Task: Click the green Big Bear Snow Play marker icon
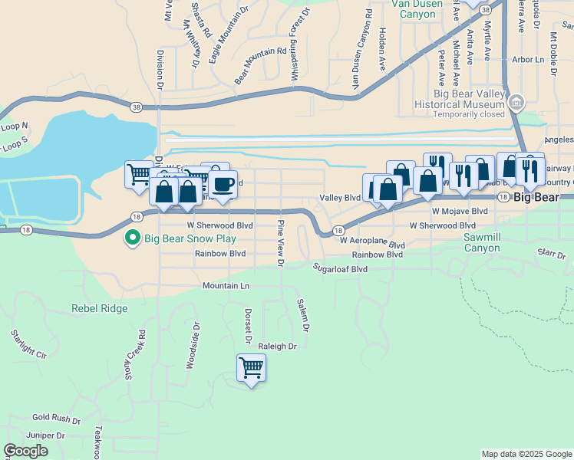click(x=132, y=238)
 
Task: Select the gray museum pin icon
click(x=516, y=102)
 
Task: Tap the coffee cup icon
click(x=223, y=185)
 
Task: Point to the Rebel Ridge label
click(x=99, y=308)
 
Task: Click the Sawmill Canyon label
click(x=481, y=243)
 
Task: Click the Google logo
click(x=25, y=451)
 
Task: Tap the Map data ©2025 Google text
click(x=526, y=454)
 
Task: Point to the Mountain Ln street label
click(x=226, y=285)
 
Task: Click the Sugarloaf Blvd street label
click(x=340, y=269)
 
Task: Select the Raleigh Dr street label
click(x=277, y=347)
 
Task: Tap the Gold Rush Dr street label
click(x=56, y=419)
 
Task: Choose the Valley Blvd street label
click(x=340, y=198)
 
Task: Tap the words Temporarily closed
click(x=469, y=114)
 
